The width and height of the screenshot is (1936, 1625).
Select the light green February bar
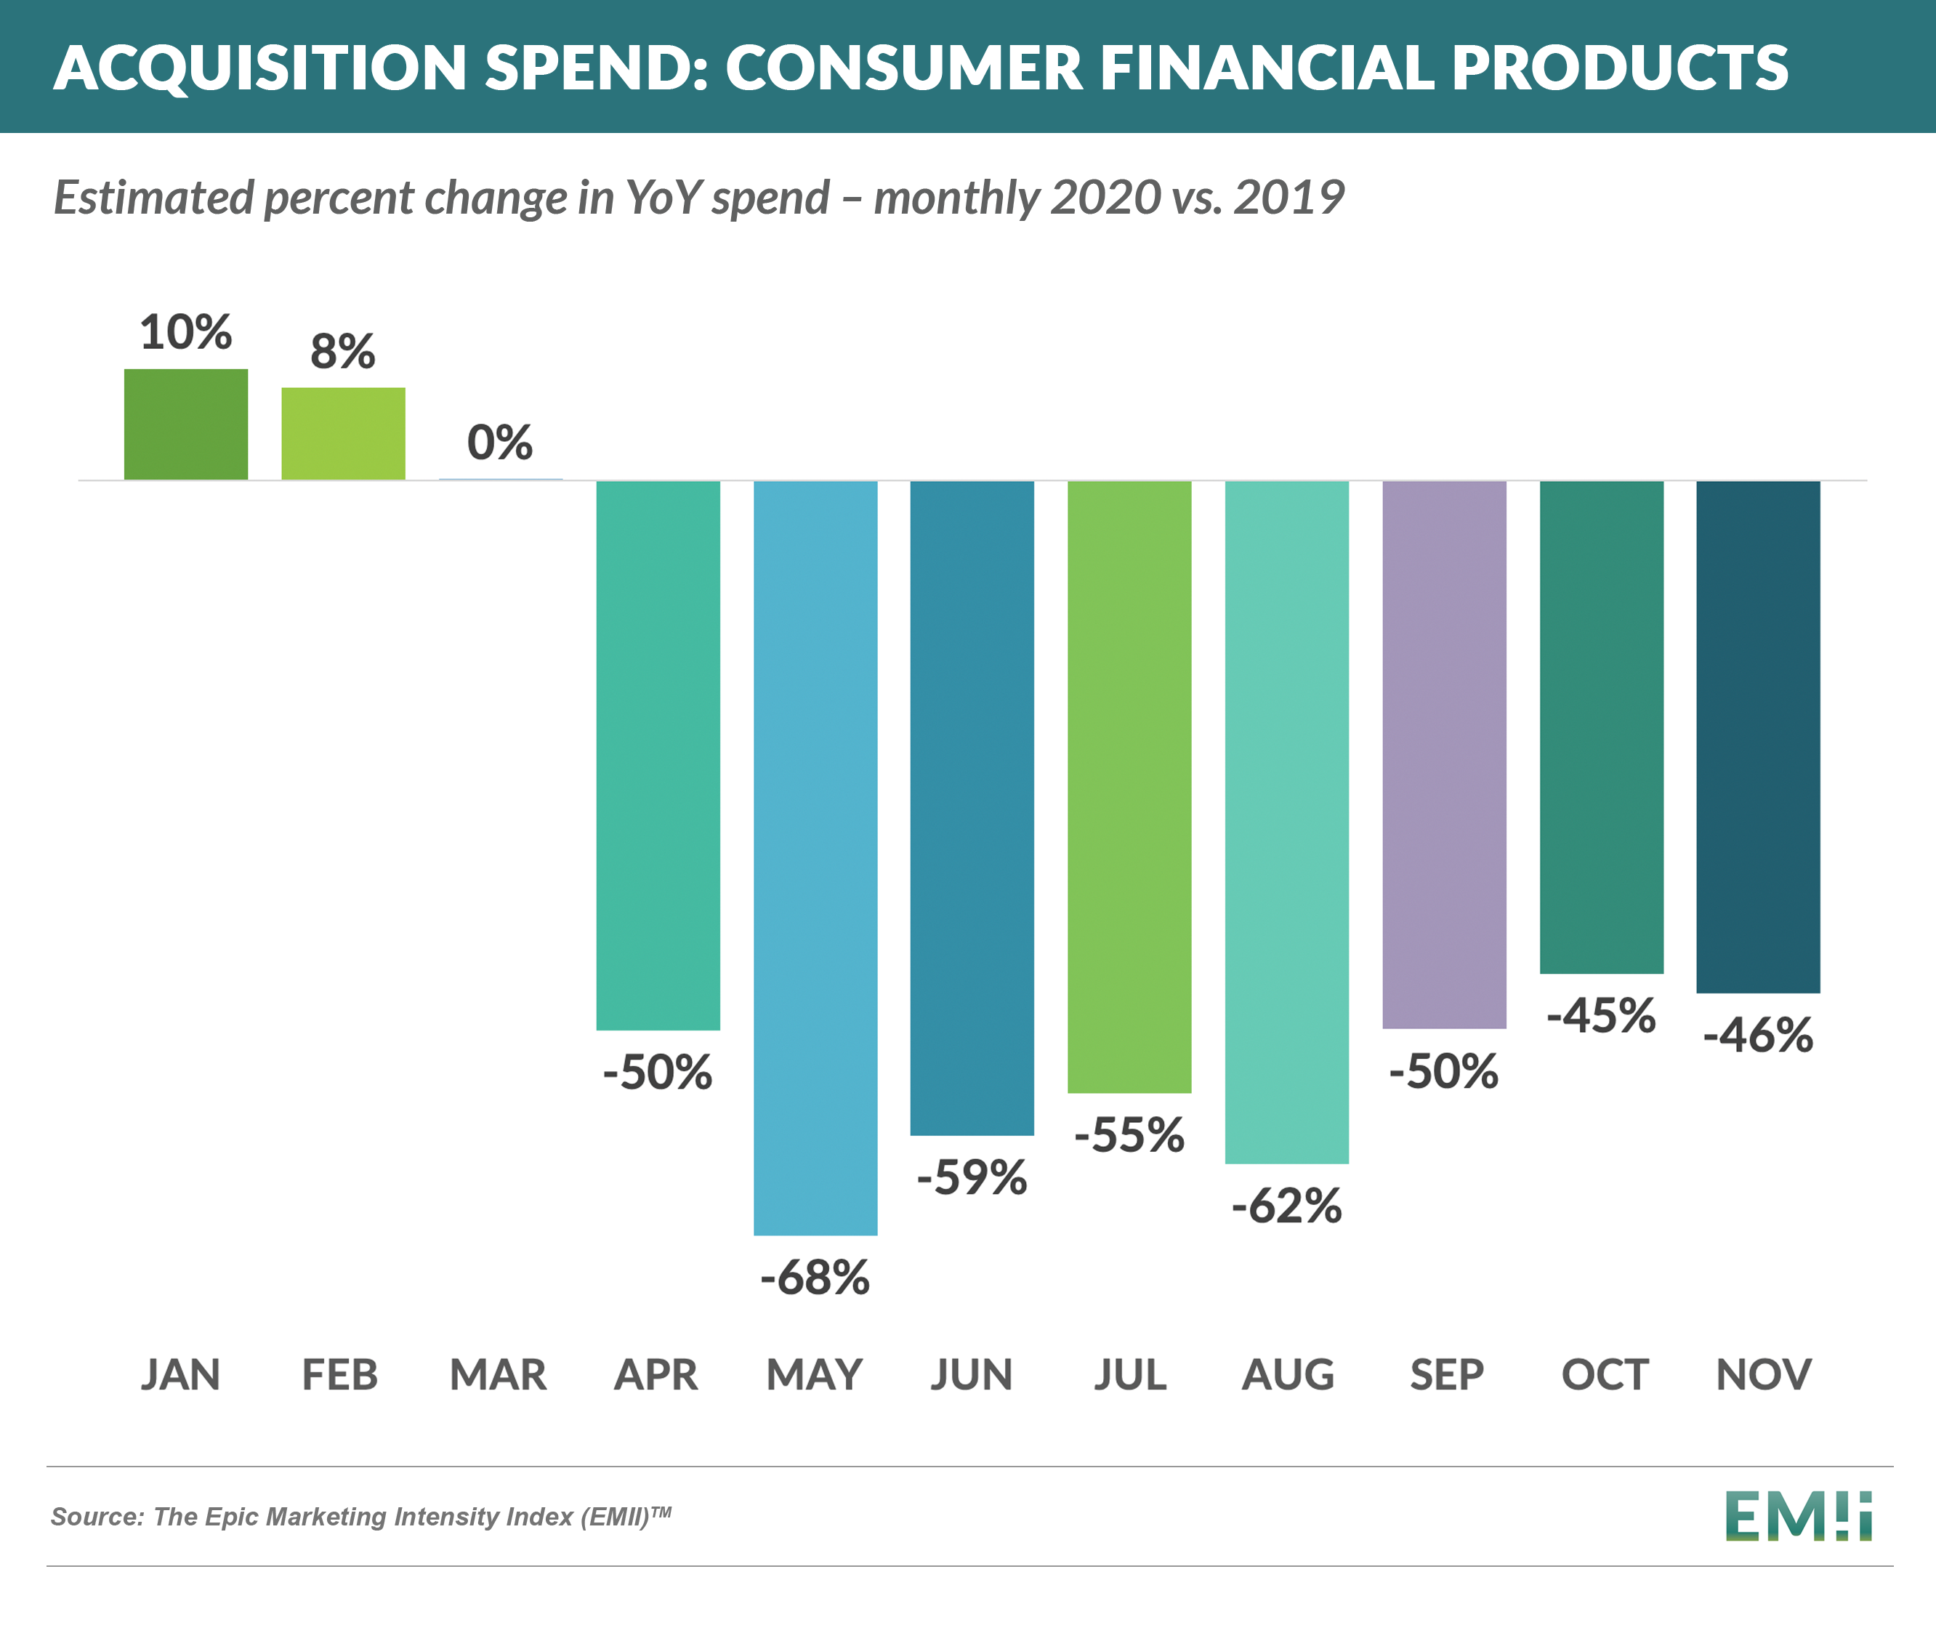pos(343,433)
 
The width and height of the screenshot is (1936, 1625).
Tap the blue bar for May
pos(815,858)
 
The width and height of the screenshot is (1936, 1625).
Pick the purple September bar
pos(1444,754)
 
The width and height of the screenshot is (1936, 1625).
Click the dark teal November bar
pos(1758,735)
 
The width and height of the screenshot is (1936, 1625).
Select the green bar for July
pos(1129,786)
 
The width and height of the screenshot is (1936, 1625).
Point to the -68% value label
pos(815,1278)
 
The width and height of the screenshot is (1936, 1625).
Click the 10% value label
pos(185,332)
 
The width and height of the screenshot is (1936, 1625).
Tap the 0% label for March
pos(500,443)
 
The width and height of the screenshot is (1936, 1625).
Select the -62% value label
pos(1287,1206)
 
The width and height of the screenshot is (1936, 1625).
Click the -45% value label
pos(1602,1016)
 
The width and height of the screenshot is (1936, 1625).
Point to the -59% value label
pos(972,1177)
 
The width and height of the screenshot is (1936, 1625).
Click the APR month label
pos(656,1374)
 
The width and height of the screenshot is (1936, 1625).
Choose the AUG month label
pos(1288,1374)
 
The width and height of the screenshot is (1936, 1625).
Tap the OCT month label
pos(1604,1374)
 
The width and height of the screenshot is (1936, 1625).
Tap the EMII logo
pos(1799,1516)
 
